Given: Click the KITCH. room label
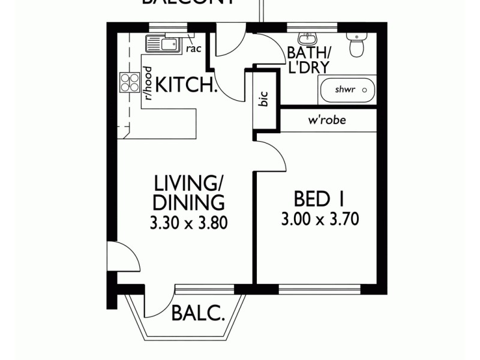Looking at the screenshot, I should click(x=187, y=86).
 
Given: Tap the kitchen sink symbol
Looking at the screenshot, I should click(x=162, y=44).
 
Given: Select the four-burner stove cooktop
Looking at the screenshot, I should click(x=130, y=82).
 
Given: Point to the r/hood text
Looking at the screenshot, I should click(x=147, y=82).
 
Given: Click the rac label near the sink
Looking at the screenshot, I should click(x=193, y=49).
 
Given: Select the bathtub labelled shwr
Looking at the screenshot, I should click(x=347, y=90).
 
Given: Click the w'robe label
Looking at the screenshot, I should click(x=327, y=120).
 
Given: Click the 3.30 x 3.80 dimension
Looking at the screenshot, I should click(x=189, y=223).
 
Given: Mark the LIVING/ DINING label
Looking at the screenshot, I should click(x=189, y=192).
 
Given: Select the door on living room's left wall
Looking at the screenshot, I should click(x=123, y=257).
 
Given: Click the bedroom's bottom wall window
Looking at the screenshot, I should click(x=319, y=290).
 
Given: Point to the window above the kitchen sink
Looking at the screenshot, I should click(x=166, y=26).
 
